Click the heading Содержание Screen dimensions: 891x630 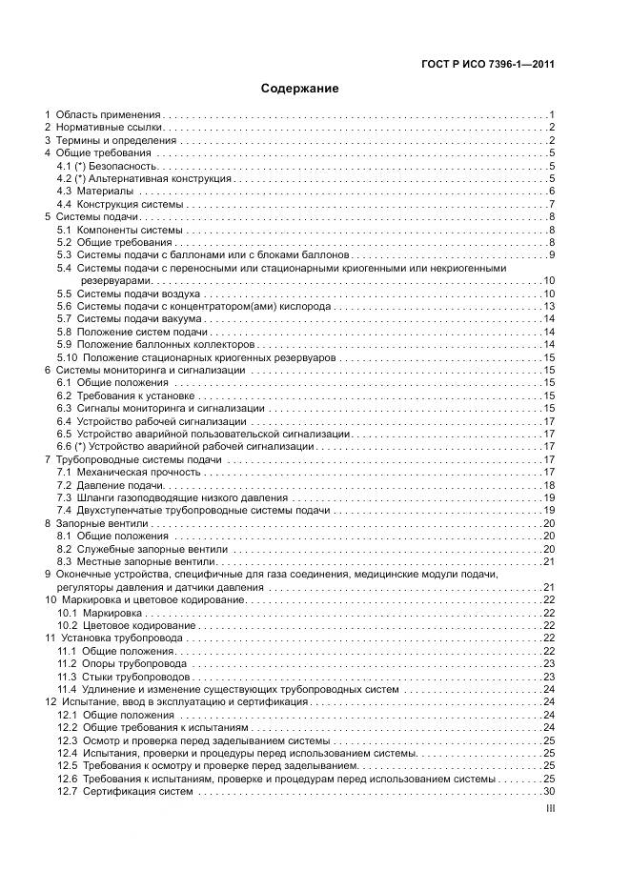(x=300, y=89)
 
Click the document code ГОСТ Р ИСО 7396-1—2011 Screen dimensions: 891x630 (x=488, y=66)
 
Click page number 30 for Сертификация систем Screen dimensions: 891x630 (x=549, y=791)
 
